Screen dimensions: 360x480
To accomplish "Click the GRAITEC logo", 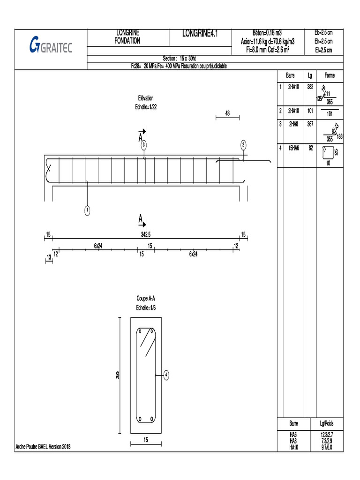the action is (51, 45).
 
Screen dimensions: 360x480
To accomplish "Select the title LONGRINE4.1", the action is (200, 33).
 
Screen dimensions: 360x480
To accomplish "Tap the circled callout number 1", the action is (87, 210).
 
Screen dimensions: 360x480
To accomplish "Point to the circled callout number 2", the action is (243, 145).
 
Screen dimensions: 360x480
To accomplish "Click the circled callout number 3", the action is (144, 145).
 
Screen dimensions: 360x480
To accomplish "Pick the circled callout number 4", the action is (166, 375).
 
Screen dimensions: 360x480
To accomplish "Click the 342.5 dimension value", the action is (146, 234).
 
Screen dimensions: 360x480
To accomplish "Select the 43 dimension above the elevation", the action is (227, 113).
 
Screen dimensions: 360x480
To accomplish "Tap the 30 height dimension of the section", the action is (118, 375).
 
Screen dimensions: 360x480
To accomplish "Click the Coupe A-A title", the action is (146, 298).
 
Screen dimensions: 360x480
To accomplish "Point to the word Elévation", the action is (146, 98).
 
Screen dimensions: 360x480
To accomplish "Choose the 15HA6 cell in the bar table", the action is (293, 148).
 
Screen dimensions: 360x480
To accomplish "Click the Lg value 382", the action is (310, 87).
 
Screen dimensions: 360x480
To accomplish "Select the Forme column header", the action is (330, 75).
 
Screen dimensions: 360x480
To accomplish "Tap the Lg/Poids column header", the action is (327, 423).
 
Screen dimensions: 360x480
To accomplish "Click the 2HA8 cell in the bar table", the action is (293, 124).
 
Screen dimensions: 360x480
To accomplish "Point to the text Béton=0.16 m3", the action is (267, 33).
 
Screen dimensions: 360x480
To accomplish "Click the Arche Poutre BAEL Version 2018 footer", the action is (43, 447).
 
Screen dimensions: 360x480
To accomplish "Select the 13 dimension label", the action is (49, 257).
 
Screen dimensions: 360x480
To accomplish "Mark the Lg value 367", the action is (310, 124).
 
